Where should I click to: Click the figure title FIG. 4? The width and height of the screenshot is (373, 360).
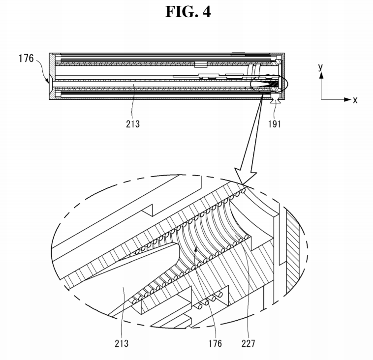point(188,12)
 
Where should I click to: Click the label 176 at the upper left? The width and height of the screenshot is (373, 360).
point(26,58)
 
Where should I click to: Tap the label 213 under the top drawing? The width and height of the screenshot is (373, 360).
point(133,124)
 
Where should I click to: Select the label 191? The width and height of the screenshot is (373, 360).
point(275,124)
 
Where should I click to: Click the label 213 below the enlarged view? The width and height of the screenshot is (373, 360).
point(122,343)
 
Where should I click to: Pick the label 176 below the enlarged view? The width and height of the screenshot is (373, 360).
point(215,343)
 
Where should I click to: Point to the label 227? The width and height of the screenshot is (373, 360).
point(249,343)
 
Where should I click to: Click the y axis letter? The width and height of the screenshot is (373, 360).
point(320,67)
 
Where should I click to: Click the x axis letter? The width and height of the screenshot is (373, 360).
point(355,100)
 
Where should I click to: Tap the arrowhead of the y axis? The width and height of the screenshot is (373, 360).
point(321,75)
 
